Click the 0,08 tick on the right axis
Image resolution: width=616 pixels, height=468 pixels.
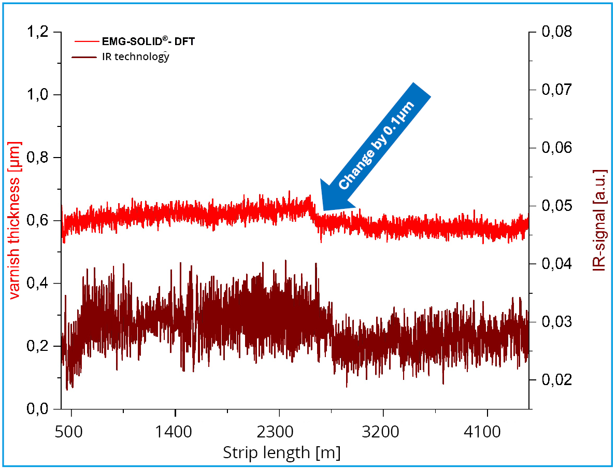click(x=557, y=32)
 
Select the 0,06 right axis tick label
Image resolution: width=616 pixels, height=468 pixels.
click(x=557, y=148)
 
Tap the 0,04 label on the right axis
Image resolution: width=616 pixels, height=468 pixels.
click(x=557, y=264)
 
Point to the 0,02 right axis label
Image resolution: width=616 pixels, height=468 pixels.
click(x=557, y=380)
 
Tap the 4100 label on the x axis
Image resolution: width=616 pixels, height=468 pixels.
click(x=487, y=431)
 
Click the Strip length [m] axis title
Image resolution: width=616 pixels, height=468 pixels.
click(x=281, y=452)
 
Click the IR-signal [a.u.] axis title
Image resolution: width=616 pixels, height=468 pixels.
click(x=600, y=220)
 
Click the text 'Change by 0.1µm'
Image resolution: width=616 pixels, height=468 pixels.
click(x=377, y=145)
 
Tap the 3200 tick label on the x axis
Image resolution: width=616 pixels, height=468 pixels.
click(x=383, y=431)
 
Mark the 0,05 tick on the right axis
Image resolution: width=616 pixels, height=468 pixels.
click(x=557, y=206)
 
